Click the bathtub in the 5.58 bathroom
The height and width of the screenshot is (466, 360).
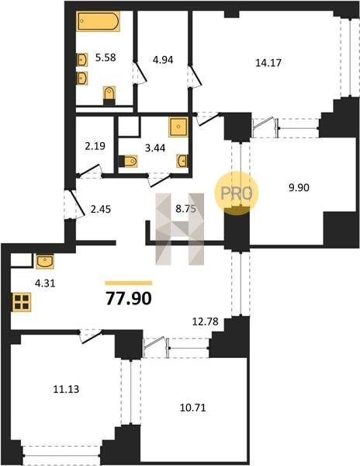[99, 21]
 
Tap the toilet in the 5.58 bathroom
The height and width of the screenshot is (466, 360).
[109, 95]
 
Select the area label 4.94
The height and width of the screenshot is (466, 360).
[163, 60]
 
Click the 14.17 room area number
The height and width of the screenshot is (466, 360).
[268, 63]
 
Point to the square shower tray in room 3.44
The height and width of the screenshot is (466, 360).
[178, 127]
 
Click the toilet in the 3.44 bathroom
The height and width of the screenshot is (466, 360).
[128, 162]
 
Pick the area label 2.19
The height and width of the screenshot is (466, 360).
[95, 146]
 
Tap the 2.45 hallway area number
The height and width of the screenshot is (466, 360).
[101, 209]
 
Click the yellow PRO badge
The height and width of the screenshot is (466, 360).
[237, 193]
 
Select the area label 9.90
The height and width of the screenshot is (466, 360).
[299, 187]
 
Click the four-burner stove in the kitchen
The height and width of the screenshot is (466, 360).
[22, 302]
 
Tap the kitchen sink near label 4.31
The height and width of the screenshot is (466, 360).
[45, 261]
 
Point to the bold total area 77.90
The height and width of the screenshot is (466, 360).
[129, 298]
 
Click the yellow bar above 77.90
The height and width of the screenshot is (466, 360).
[129, 283]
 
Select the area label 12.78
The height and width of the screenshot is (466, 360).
[206, 322]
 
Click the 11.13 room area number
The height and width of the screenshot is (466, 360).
[66, 389]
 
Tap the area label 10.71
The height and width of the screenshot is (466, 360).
[193, 408]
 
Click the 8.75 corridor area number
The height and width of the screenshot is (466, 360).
[185, 209]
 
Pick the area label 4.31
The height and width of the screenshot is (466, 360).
[45, 283]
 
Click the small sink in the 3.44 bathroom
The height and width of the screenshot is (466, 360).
[182, 161]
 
